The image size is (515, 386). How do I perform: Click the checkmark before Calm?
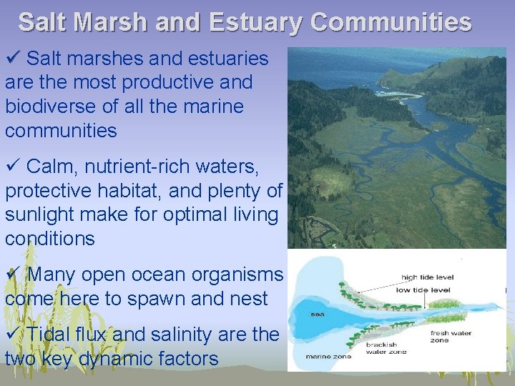11,167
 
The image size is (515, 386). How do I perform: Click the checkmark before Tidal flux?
11,334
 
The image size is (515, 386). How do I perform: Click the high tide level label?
428,277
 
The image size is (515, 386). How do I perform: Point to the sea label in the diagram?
317,314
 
